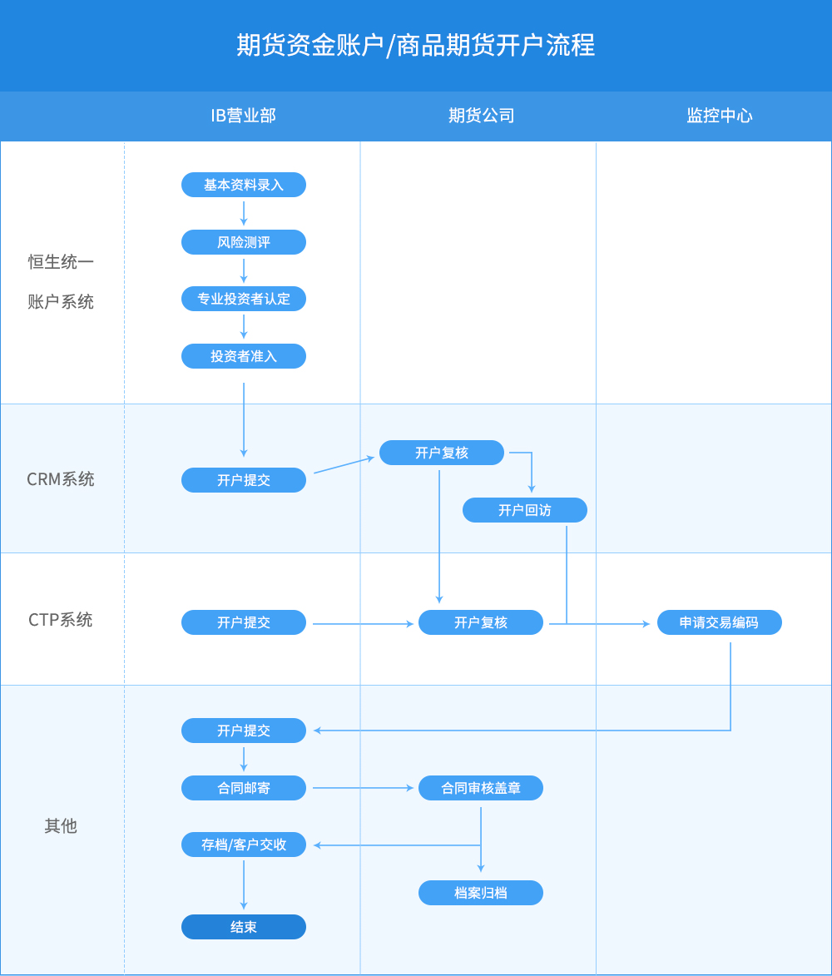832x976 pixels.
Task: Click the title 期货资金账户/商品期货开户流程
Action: click(x=415, y=45)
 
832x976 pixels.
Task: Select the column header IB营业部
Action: click(x=243, y=116)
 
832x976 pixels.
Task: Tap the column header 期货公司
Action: click(x=481, y=116)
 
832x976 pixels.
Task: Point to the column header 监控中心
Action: click(x=719, y=116)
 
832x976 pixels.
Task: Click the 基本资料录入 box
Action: click(x=244, y=185)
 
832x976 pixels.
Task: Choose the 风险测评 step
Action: click(x=244, y=242)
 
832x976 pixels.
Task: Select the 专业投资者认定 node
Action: click(x=244, y=299)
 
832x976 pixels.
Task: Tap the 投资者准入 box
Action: click(x=244, y=356)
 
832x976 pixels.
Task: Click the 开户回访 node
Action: click(x=524, y=510)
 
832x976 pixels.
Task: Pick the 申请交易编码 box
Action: click(x=719, y=622)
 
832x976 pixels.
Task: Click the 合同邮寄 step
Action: click(x=244, y=788)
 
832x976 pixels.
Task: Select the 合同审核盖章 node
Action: click(x=481, y=788)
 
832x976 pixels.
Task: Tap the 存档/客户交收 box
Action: click(x=244, y=845)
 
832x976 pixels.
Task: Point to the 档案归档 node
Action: click(x=481, y=893)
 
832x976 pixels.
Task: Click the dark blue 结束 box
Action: click(x=244, y=927)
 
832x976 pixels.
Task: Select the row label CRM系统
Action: click(x=61, y=479)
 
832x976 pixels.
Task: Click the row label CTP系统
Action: click(x=61, y=620)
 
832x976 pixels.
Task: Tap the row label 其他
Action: click(x=61, y=826)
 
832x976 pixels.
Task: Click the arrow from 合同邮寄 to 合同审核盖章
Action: click(x=363, y=788)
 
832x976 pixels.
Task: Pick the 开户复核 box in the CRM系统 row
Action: click(x=442, y=453)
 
